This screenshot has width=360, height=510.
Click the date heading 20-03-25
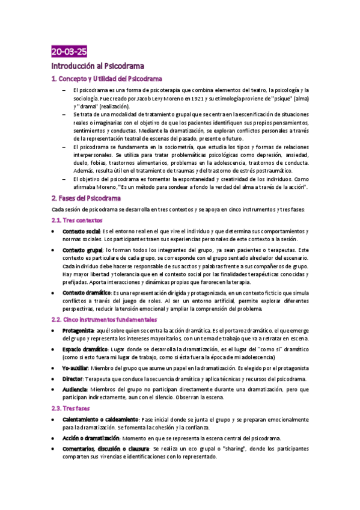69,52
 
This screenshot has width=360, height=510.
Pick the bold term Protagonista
78,330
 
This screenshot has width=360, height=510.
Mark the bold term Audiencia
76,390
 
